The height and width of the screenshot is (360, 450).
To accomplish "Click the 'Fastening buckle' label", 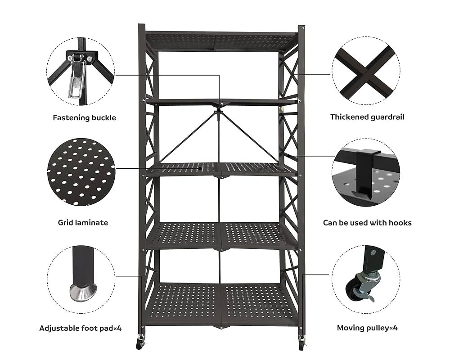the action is (85, 118).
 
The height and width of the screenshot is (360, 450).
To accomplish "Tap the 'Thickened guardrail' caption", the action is (367, 117).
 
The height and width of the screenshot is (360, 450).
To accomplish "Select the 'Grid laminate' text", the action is (83, 222).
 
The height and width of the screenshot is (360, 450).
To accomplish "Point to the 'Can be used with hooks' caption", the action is (367, 223).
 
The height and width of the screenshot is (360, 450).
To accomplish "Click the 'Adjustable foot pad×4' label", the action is (81, 328).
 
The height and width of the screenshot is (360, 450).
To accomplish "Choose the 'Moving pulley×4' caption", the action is (367, 328).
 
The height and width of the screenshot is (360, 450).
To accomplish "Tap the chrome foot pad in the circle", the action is (83, 292).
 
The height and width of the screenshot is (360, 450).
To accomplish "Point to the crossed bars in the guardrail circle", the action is (366, 72).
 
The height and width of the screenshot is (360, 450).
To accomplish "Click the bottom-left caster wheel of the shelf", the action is (140, 343).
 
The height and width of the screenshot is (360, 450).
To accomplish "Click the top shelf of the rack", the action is (220, 42).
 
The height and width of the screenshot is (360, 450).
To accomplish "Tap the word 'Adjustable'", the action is (59, 328).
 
